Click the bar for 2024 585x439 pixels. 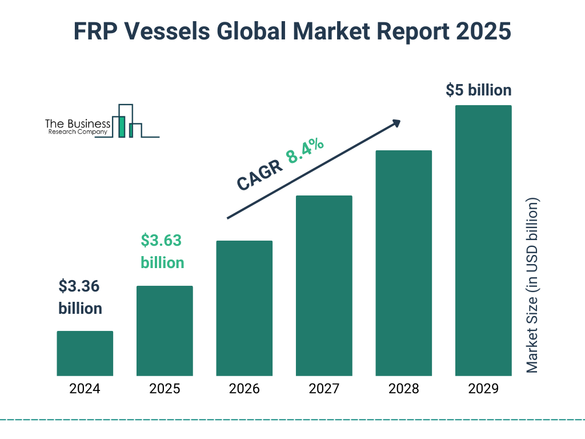[x=85, y=353]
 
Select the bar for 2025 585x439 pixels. [x=165, y=330]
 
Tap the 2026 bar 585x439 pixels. [x=244, y=308]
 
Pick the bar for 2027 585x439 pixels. [x=324, y=285]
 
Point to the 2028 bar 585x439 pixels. [x=403, y=263]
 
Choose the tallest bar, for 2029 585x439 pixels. [x=483, y=240]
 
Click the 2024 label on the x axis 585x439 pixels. [x=85, y=389]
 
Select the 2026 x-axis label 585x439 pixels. [x=244, y=389]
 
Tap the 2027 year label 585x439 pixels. [x=324, y=389]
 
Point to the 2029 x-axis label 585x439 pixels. [x=483, y=389]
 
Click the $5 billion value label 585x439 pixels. [x=478, y=90]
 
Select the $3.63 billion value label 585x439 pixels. [x=162, y=252]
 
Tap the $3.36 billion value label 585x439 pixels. [x=81, y=297]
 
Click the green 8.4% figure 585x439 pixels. [x=305, y=150]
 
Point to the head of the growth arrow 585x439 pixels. [x=396, y=122]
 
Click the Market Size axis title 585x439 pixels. [x=532, y=286]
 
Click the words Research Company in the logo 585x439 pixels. [x=78, y=132]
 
